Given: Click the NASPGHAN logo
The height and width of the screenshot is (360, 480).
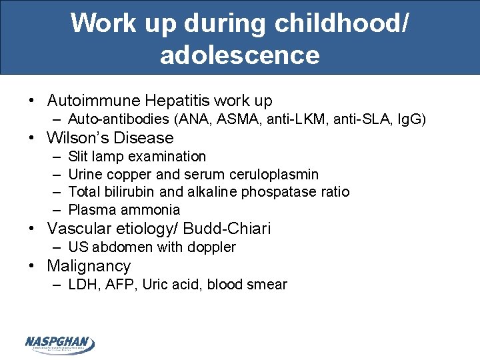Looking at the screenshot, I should [x=59, y=343].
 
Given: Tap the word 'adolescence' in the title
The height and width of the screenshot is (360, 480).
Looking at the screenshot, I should [x=239, y=54].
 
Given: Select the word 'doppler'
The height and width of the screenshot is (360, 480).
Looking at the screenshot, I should [x=213, y=247].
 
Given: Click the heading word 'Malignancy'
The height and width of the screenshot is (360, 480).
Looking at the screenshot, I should [x=89, y=266].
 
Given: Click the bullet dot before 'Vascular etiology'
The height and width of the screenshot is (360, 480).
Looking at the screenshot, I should [x=31, y=229].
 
